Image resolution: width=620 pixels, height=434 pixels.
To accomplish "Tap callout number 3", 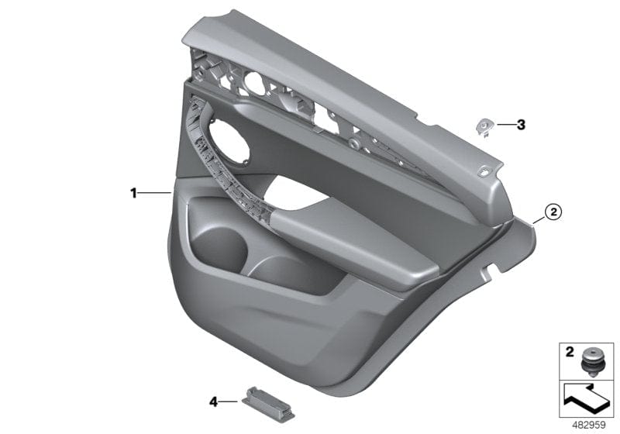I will tap(521, 124).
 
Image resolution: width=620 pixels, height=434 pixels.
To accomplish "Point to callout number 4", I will tap(214, 401).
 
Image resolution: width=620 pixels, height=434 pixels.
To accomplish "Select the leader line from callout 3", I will tap(503, 124).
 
